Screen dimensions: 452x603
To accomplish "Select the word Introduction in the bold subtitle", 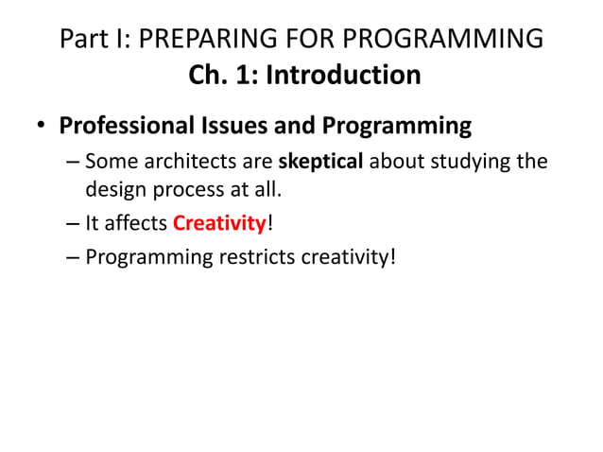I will [x=343, y=75].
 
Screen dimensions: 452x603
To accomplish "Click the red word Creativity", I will [x=219, y=223].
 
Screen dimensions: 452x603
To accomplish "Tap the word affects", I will [x=136, y=223].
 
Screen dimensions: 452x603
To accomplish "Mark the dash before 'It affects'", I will [x=73, y=224].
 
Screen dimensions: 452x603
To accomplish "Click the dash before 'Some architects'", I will [x=73, y=163].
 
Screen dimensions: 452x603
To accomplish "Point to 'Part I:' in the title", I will [x=92, y=39].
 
